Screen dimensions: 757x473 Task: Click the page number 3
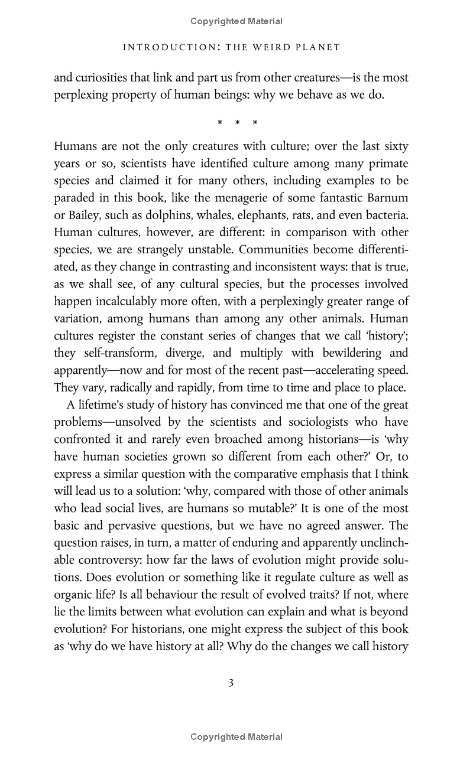click(x=231, y=683)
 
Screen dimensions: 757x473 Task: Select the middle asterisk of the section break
click(x=237, y=123)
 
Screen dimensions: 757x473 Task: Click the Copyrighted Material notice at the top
click(x=237, y=21)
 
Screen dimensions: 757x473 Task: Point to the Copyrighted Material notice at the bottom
click(x=237, y=736)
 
